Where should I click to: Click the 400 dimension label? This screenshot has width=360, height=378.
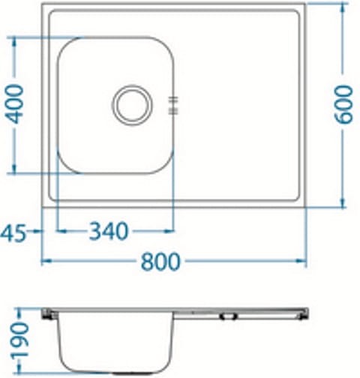pyautogui.click(x=14, y=105)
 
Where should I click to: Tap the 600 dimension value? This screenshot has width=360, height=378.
pyautogui.click(x=344, y=104)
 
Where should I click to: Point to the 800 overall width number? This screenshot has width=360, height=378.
pyautogui.click(x=160, y=261)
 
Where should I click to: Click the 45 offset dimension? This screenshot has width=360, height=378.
pyautogui.click(x=14, y=232)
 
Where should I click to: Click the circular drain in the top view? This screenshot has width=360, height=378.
pyautogui.click(x=133, y=104)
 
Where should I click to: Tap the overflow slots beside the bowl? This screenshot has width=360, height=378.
pyautogui.click(x=174, y=105)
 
